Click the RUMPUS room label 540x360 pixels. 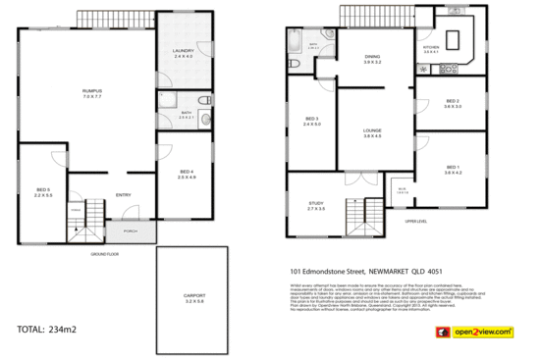[92, 92]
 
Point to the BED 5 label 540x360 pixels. [42, 189]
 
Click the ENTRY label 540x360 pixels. [123, 194]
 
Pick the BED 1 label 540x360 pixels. [452, 168]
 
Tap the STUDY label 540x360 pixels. [316, 204]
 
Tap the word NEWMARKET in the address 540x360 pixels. [401, 271]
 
